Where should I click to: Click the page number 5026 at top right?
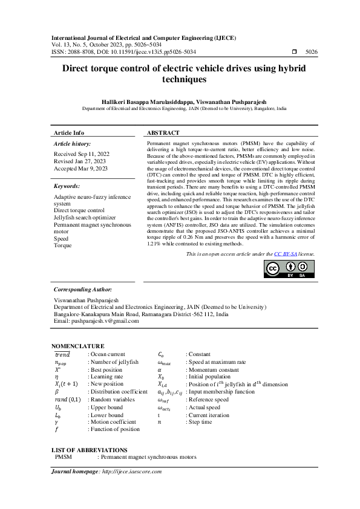click(x=312, y=53)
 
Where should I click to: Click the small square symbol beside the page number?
click(x=294, y=53)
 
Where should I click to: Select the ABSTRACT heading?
click(x=163, y=133)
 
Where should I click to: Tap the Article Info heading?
click(x=69, y=133)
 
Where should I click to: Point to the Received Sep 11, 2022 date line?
click(x=81, y=154)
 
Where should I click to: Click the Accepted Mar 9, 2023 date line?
click(x=80, y=169)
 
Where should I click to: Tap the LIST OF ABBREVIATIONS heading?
click(x=90, y=450)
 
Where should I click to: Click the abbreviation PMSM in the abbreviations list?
click(x=64, y=458)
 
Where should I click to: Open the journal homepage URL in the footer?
click(x=132, y=471)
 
